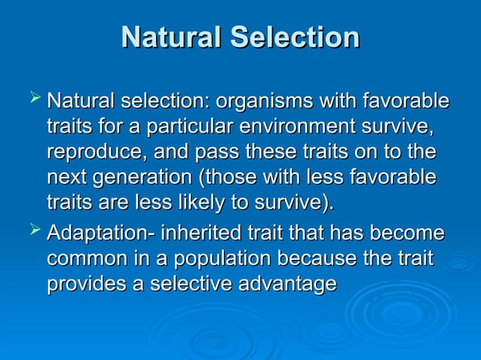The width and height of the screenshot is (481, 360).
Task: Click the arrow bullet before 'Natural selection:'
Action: click(32, 98)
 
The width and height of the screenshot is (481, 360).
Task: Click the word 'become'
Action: click(407, 233)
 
